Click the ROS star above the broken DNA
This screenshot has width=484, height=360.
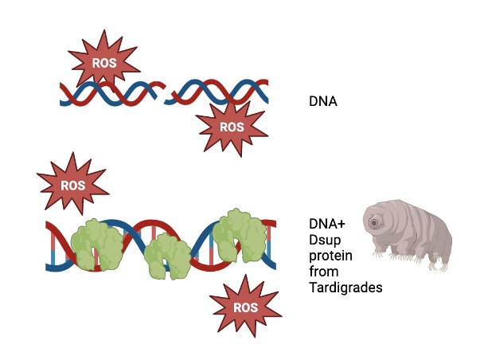coord(103,60)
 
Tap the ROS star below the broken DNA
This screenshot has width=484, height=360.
coord(231,126)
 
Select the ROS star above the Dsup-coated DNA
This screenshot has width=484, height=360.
coord(72,184)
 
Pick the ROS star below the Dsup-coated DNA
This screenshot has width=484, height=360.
coord(246,307)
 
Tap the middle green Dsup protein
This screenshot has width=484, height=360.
coord(166,254)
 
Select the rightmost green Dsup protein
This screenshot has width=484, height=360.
coord(239,234)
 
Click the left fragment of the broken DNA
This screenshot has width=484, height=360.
coord(111,93)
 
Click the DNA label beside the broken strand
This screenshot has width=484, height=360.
coord(323,102)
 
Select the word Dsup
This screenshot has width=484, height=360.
coord(324,240)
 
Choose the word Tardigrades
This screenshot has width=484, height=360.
coord(345,287)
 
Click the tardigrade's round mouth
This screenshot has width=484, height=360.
coord(373,224)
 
